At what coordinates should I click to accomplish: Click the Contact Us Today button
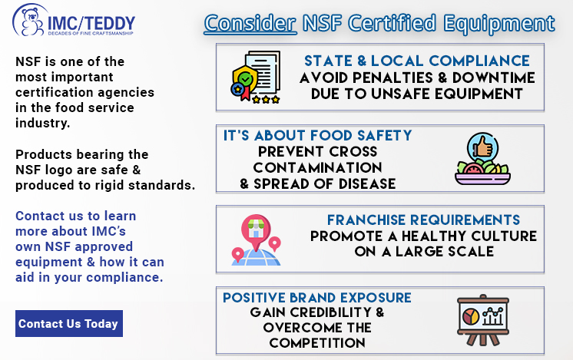point(69,323)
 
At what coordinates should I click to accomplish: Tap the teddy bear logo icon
point(30,22)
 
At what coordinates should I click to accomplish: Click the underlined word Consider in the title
point(250,23)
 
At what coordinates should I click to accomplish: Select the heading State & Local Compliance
point(417,61)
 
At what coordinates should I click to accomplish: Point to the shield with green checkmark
point(245,79)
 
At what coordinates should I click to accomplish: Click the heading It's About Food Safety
point(317,135)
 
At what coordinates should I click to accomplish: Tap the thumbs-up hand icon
point(482,147)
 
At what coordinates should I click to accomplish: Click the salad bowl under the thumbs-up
point(482,173)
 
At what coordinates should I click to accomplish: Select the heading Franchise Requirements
point(423,220)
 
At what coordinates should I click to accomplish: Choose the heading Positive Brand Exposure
point(317,298)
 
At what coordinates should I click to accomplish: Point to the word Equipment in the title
point(499,23)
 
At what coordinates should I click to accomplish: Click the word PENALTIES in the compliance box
point(392,78)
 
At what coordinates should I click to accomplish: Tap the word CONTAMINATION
point(317,167)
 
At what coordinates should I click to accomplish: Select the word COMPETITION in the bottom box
point(317,343)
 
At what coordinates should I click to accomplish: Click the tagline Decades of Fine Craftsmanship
point(91,33)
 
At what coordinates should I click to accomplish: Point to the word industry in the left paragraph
point(42,123)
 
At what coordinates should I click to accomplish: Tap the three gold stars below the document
point(266,99)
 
